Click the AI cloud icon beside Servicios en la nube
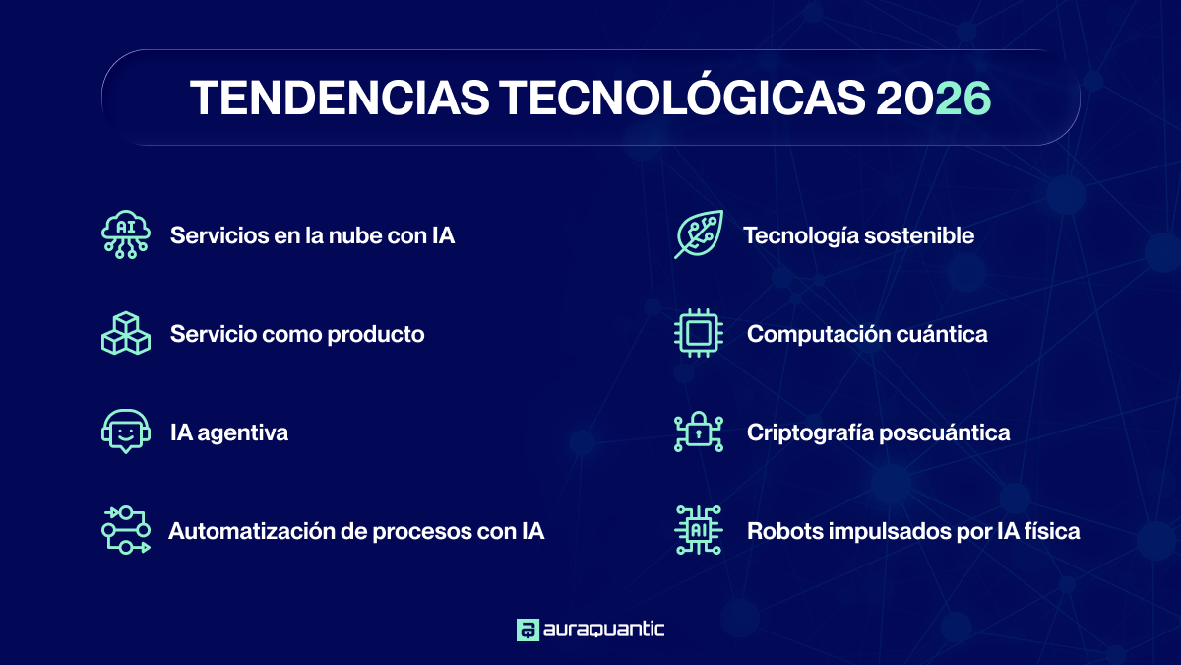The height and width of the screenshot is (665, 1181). tap(126, 235)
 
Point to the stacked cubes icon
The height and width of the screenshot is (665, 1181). tap(126, 334)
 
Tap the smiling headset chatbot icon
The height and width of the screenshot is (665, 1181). tap(126, 432)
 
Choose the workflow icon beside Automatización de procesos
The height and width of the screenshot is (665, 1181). tap(126, 531)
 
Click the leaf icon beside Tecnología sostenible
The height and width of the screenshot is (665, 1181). tap(699, 234)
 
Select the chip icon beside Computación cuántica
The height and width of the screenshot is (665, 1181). tap(699, 334)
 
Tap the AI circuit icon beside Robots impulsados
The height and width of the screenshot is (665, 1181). tap(699, 531)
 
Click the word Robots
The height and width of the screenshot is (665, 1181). tap(783, 532)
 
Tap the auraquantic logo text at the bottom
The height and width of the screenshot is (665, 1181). tap(603, 630)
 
